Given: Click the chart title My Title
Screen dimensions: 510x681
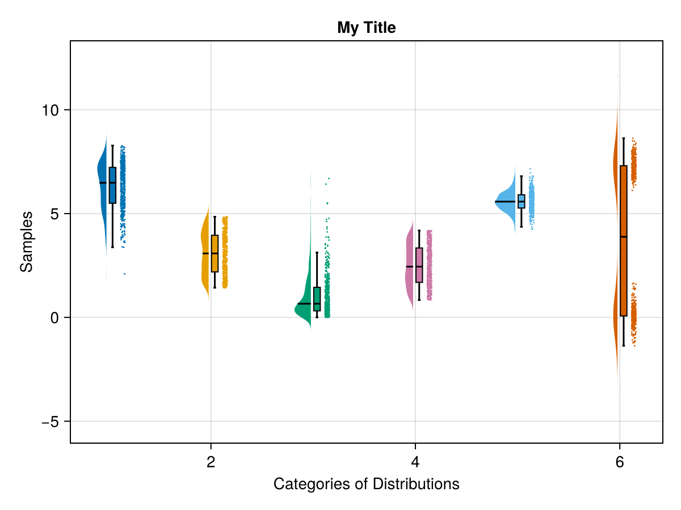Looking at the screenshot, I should click(x=366, y=27).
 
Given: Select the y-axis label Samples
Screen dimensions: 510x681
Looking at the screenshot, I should click(x=26, y=241).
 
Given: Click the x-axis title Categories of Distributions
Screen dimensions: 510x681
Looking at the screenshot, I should click(x=366, y=484).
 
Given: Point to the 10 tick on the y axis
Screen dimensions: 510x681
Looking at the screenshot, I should click(x=51, y=110).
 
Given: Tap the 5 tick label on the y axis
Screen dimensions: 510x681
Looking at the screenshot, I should click(x=54, y=214).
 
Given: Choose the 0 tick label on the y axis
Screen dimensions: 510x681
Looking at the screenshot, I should click(x=54, y=317).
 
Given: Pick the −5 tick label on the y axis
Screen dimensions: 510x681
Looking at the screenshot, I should click(x=51, y=422).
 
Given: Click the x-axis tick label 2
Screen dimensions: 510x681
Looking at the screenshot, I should click(x=211, y=462).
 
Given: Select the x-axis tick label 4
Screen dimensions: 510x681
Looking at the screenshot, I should click(x=415, y=462).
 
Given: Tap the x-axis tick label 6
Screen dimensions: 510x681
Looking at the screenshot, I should click(x=620, y=462).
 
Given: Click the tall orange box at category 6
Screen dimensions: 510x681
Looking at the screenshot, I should click(x=623, y=255).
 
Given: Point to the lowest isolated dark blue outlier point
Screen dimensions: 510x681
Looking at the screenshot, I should click(x=124, y=274).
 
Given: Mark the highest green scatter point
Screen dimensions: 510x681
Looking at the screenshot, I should click(x=329, y=178).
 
